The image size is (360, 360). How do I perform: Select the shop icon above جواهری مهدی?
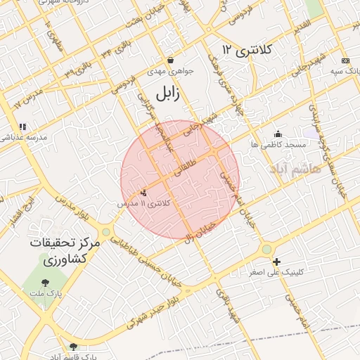coord(170,60)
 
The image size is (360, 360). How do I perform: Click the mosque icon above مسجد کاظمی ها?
coord(278,134)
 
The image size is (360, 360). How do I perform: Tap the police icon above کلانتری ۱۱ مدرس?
coord(144,193)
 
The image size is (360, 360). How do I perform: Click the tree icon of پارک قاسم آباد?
coord(74,347)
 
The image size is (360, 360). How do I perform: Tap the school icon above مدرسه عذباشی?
coord(22,127)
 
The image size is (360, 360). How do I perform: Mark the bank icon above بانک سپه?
coord(344,61)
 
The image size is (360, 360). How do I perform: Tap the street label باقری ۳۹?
coord(77,70)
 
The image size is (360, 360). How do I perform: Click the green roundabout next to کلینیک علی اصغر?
coord(266,249)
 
